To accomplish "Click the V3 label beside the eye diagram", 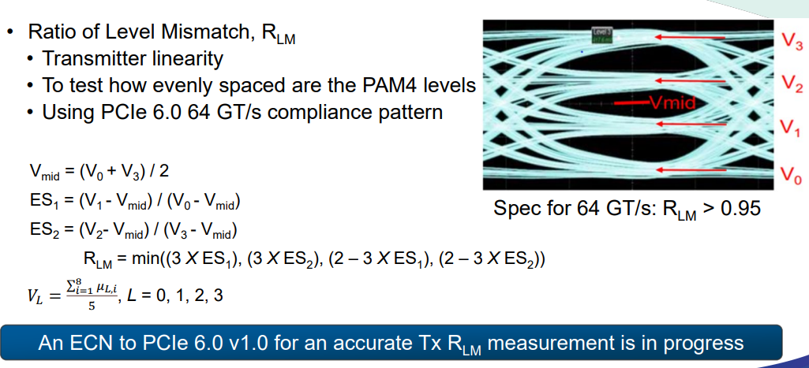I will [x=792, y=40].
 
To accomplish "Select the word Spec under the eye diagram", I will [x=515, y=209].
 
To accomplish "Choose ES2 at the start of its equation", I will [x=42, y=229].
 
